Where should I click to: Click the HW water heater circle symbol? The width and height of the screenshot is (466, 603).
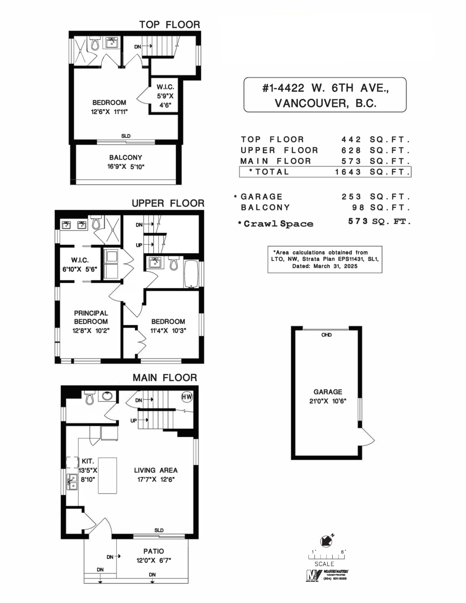click(187, 397)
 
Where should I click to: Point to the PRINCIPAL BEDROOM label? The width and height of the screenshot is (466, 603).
click(90, 317)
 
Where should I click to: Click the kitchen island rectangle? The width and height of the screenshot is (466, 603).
click(107, 476)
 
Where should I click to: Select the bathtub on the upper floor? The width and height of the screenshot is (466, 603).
click(192, 273)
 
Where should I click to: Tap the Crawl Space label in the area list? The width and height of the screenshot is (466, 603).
click(278, 224)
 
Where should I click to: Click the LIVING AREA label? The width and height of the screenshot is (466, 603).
click(156, 470)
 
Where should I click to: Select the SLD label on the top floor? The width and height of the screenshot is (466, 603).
click(125, 136)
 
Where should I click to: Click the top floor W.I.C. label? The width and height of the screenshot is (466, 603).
click(164, 87)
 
